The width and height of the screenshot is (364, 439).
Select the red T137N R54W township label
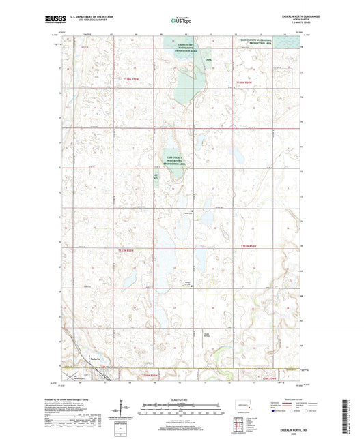pos(251,246)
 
